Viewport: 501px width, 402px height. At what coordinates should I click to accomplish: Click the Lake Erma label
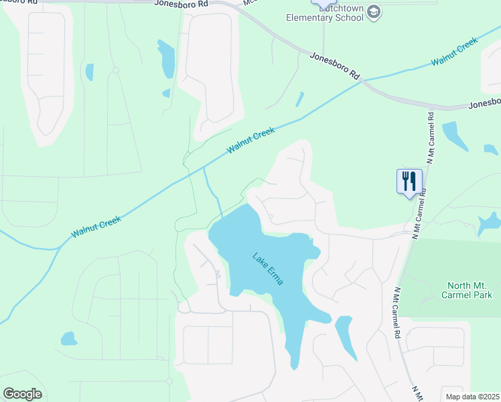tap(268, 268)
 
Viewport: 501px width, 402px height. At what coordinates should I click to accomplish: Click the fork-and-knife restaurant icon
tap(410, 180)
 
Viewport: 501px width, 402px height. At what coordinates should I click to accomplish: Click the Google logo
tap(22, 394)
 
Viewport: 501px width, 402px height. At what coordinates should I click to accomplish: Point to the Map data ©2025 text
tap(472, 397)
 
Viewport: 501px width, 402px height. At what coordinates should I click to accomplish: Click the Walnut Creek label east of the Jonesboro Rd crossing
tap(455, 52)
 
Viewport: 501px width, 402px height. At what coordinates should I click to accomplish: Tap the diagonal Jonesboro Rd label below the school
tap(334, 67)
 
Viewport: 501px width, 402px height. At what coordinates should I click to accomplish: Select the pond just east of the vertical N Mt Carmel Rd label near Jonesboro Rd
tap(455, 135)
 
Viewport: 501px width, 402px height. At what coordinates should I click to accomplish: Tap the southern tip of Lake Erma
tap(293, 366)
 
